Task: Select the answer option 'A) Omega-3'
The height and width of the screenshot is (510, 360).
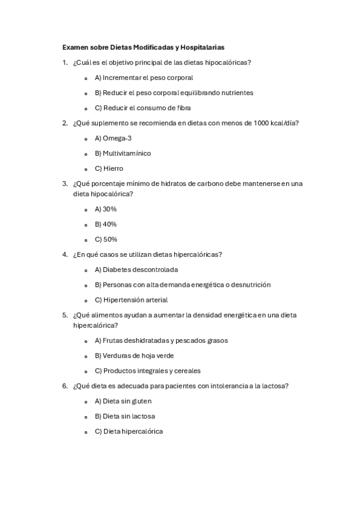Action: click(113, 138)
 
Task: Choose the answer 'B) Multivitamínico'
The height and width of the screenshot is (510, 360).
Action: click(123, 153)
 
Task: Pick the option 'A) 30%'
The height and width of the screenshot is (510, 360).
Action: click(105, 209)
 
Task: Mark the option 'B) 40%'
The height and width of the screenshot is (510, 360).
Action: click(105, 224)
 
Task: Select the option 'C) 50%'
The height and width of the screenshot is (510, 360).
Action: click(106, 239)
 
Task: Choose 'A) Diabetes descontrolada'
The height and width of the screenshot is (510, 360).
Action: click(136, 269)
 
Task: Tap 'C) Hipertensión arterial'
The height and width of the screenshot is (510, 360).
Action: click(131, 300)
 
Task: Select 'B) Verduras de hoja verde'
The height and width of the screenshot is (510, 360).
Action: click(134, 355)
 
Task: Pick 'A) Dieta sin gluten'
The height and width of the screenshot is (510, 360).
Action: click(123, 401)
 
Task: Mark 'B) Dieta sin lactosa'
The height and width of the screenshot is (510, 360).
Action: click(124, 416)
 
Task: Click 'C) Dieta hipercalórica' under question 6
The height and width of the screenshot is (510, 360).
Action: click(129, 431)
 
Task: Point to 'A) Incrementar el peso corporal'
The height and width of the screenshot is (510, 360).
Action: click(144, 78)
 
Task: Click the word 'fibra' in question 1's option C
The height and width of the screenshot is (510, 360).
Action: click(182, 108)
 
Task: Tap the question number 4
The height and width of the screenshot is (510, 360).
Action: click(64, 254)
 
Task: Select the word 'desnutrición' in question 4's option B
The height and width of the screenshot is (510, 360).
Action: click(250, 284)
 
